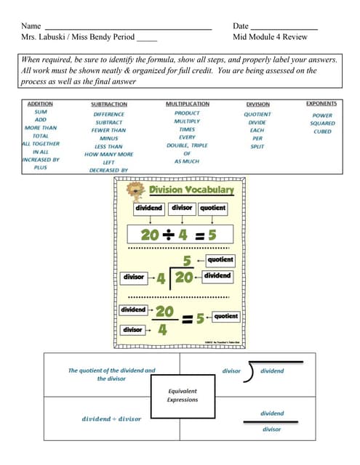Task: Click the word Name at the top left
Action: point(31,26)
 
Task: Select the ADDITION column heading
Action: point(40,105)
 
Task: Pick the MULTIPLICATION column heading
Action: point(188,105)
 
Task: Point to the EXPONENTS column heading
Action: point(321,105)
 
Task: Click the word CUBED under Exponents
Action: point(322,132)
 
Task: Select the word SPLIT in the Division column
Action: point(257,147)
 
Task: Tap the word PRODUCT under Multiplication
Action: point(187,113)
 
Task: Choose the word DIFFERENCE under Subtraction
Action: point(109,114)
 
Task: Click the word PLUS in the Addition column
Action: point(40,167)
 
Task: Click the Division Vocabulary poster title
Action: point(191,190)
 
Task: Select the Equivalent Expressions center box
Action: point(182,395)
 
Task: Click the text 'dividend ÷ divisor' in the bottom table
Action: point(111,418)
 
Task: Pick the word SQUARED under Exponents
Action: point(322,124)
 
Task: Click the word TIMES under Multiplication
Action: point(187,129)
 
